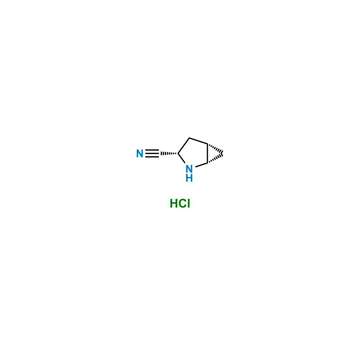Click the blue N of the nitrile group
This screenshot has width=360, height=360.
[139, 153]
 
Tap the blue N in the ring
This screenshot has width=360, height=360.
[189, 169]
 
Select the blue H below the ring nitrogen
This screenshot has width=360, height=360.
[189, 178]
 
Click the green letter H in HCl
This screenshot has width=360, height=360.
[173, 203]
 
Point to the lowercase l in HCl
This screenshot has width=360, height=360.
[189, 203]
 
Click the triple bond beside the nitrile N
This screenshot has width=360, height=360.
[152, 153]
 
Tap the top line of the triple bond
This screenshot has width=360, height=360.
[152, 150]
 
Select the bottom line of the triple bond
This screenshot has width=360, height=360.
[152, 157]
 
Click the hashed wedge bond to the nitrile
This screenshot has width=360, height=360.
[169, 153]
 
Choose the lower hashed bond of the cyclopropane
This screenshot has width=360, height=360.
[215, 158]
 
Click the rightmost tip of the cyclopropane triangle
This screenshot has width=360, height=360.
[223, 153]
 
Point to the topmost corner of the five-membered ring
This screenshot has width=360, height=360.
[189, 138]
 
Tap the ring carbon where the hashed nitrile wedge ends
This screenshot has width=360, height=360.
[178, 153]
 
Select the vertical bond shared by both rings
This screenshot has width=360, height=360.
[207, 153]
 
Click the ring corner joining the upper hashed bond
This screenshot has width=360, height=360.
[207, 144]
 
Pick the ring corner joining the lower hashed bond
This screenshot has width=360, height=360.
[207, 163]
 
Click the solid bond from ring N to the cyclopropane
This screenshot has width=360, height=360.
[201, 165]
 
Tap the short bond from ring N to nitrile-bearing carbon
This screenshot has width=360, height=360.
[181, 158]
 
